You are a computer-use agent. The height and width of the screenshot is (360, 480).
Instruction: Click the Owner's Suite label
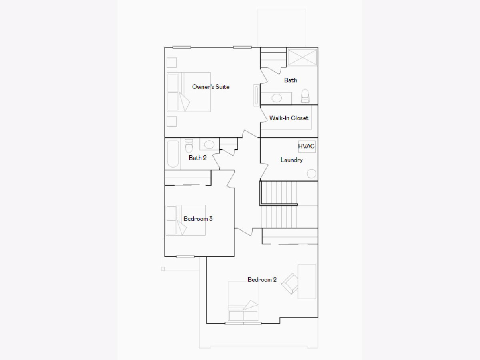211,87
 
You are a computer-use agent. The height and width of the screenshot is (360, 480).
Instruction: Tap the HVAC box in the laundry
307,146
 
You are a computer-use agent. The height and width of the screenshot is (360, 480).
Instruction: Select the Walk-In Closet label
289,118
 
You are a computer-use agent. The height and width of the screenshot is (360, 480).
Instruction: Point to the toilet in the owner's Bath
305,96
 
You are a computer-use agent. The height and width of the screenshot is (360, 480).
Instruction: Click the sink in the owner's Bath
277,98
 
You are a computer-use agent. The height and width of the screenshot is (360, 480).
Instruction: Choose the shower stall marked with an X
302,57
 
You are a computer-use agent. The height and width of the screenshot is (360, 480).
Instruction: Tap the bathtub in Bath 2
173,154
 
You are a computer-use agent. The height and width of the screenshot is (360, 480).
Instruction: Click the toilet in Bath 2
189,146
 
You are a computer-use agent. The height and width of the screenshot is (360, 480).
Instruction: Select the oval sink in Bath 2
209,145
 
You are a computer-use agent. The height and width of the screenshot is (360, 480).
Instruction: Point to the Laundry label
292,160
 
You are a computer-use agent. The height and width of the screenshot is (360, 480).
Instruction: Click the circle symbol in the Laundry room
311,174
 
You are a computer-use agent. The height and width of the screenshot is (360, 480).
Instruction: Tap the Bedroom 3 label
198,219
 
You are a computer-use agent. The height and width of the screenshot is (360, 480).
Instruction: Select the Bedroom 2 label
262,280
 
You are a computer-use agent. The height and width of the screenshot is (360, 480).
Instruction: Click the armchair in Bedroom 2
290,284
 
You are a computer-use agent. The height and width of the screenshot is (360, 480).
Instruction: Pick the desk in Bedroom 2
307,282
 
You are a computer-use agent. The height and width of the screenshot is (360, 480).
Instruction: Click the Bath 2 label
198,158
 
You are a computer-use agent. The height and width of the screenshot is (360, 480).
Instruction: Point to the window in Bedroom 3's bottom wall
185,257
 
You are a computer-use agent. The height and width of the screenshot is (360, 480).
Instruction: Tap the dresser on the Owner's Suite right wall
256,95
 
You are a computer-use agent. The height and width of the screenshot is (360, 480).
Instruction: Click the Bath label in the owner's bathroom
291,80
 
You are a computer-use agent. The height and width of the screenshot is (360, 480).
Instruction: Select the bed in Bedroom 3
186,220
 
